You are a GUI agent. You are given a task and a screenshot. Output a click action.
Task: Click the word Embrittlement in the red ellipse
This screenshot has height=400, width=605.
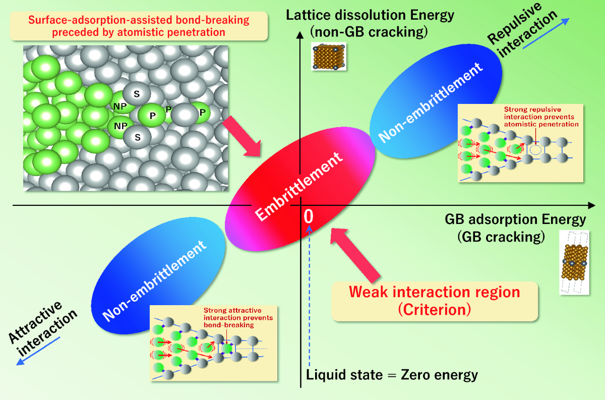[300, 189]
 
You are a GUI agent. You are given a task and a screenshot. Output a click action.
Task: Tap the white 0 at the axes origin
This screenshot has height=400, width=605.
[309, 216]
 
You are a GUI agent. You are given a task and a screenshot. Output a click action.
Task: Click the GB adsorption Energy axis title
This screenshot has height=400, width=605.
[515, 227]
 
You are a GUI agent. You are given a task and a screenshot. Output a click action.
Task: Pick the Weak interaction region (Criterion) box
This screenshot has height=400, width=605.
[435, 301]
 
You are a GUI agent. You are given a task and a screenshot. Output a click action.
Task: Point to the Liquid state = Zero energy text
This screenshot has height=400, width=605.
[392, 375]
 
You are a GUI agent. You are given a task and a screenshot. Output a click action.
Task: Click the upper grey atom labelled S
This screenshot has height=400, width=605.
[136, 94]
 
